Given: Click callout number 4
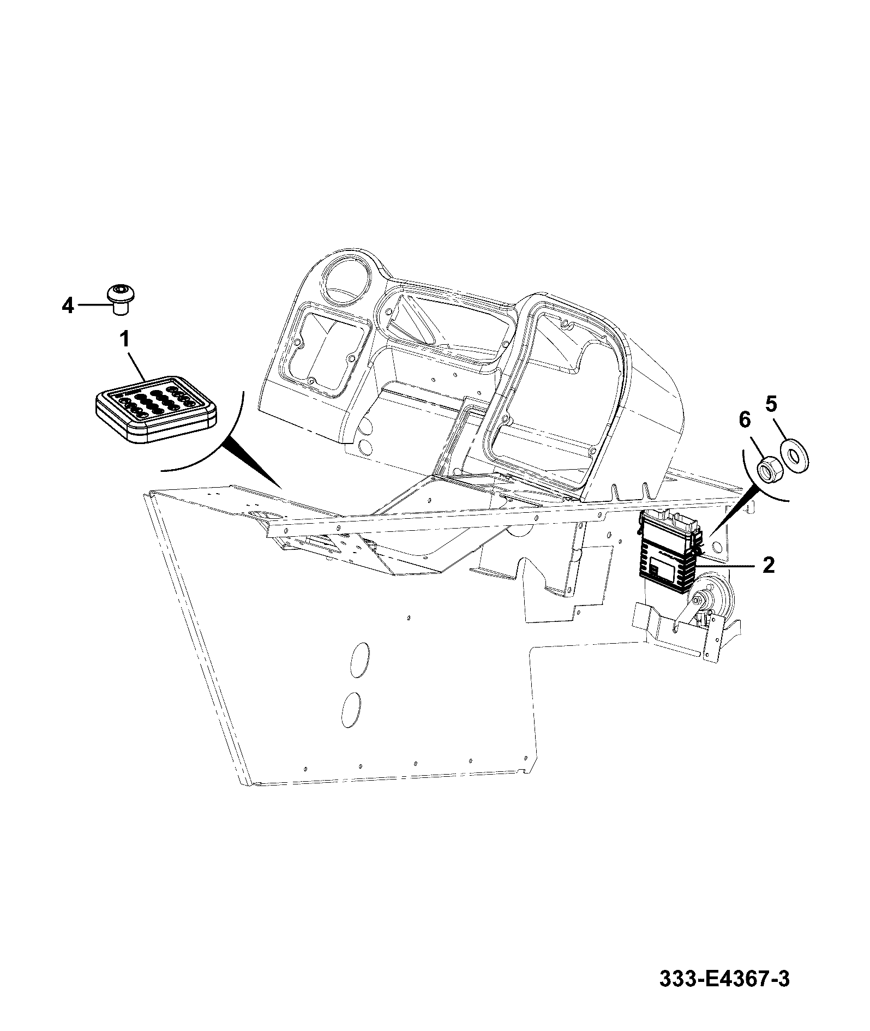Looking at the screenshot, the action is pos(68,306).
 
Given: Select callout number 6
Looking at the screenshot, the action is pos(745,419).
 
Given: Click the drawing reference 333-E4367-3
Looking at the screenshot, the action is pos(724,994).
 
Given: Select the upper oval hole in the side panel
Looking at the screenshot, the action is pos(358,660).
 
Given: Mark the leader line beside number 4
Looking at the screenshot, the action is pos(93,305).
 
